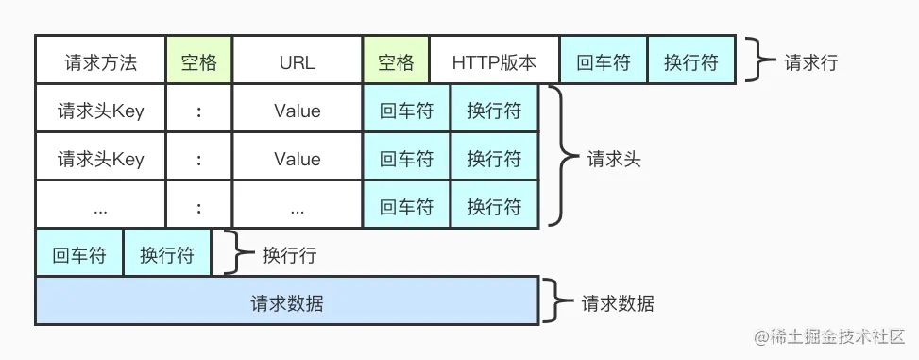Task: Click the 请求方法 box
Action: click(x=100, y=62)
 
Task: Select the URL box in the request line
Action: click(x=297, y=62)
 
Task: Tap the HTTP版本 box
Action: click(x=494, y=62)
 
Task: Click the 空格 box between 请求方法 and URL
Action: click(x=198, y=62)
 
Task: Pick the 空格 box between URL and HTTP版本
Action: click(x=396, y=62)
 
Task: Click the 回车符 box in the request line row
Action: click(x=604, y=62)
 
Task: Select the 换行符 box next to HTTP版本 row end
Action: click(x=690, y=62)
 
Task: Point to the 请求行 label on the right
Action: click(x=810, y=63)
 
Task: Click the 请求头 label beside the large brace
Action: click(x=614, y=159)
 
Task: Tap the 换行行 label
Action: click(x=289, y=255)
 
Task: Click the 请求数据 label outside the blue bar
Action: click(x=618, y=304)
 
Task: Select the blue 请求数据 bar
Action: click(x=287, y=302)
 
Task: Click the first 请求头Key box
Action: click(x=100, y=111)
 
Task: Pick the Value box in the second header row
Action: click(x=297, y=159)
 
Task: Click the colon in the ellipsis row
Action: click(x=198, y=207)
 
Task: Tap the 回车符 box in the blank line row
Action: click(x=79, y=255)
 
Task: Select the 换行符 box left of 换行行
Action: click(x=167, y=255)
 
